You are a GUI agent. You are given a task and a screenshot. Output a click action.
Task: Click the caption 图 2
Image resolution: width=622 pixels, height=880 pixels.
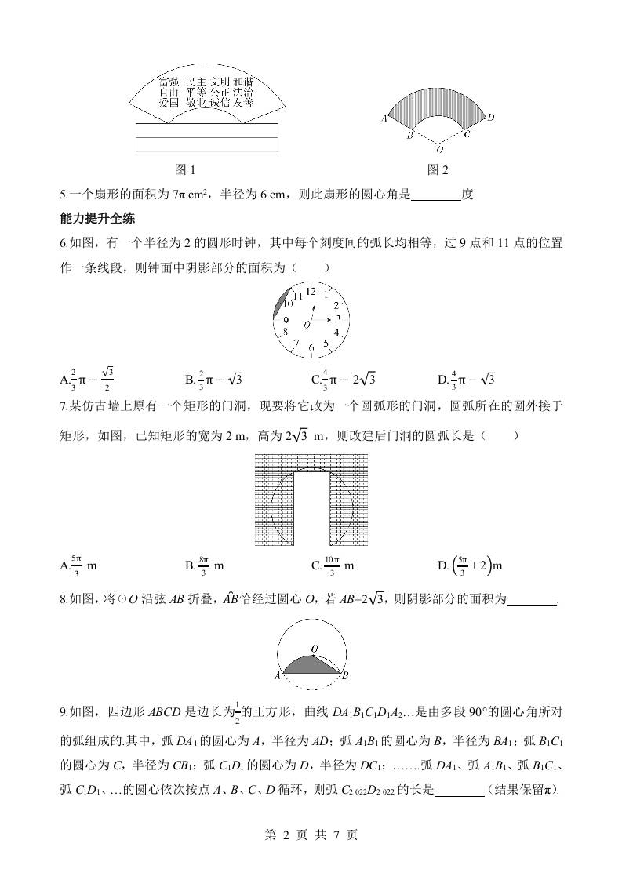point(438,169)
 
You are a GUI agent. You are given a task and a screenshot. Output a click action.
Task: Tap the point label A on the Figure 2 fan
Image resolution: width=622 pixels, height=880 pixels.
point(385,118)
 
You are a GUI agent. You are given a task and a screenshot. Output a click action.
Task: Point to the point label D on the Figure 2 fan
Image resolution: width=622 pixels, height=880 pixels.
point(490,118)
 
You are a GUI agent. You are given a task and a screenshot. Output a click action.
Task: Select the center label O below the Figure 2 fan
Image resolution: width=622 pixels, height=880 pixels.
point(438,149)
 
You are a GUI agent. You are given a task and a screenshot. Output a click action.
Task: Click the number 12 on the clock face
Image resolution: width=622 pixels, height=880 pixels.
point(311,292)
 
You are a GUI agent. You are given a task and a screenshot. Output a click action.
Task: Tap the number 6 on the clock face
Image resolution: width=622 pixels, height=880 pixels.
point(311,347)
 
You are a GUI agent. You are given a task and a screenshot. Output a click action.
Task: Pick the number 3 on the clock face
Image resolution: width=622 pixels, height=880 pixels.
point(338,319)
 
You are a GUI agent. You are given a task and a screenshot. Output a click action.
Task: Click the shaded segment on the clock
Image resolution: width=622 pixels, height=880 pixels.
point(279,303)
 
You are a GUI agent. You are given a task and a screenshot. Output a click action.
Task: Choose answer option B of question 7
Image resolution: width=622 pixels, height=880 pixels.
point(205,565)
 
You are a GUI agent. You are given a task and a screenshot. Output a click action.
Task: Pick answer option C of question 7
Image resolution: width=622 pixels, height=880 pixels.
point(333,565)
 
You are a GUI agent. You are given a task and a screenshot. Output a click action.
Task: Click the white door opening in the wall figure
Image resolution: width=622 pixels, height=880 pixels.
point(311,510)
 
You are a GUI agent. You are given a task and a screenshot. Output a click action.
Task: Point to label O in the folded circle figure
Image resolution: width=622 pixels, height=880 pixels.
point(313,649)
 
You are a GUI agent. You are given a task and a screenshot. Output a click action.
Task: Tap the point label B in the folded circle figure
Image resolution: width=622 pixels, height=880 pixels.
point(346,675)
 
